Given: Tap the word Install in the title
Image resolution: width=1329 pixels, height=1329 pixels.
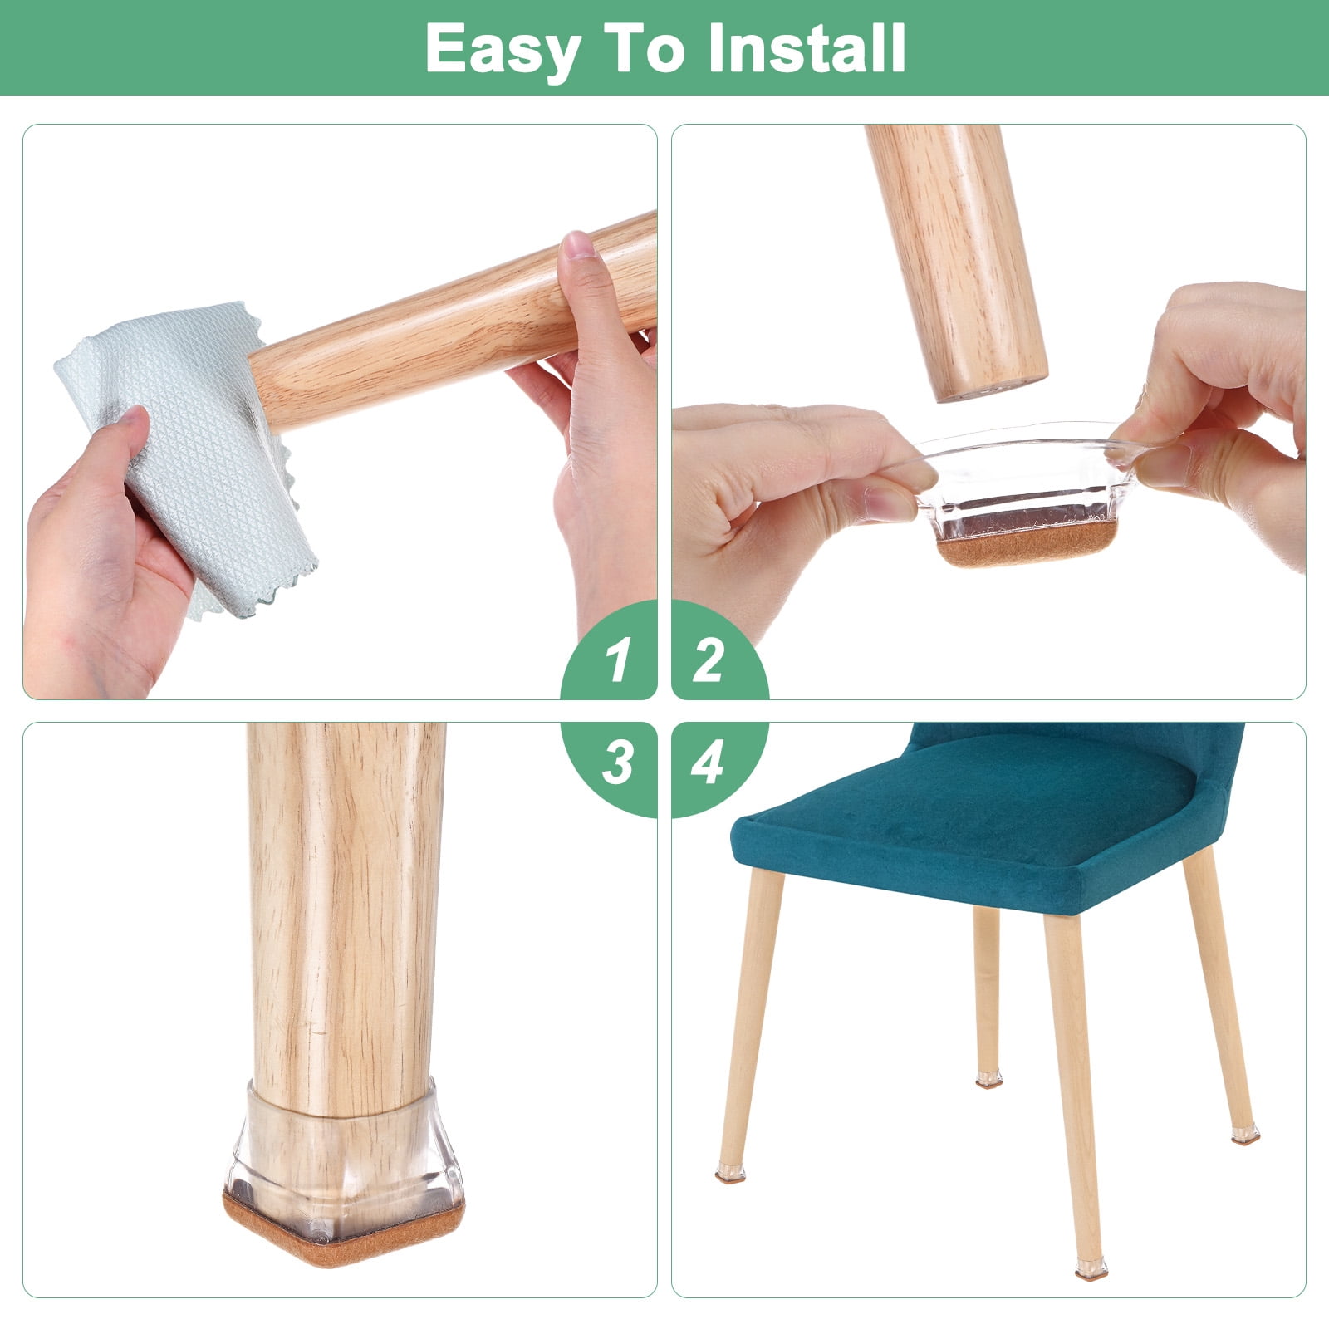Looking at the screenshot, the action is point(807,48).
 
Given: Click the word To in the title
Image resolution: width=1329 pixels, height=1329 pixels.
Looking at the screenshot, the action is point(644,48).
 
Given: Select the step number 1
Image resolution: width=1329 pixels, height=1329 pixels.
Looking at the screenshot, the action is point(617,661).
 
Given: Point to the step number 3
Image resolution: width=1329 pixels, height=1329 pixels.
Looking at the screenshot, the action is point(618,763).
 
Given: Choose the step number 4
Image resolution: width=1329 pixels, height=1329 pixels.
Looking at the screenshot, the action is point(708,763).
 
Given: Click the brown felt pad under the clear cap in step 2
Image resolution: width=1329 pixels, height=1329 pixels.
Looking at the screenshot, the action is point(1027,543).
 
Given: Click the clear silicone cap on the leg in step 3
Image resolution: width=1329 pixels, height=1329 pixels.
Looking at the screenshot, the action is point(342,1159).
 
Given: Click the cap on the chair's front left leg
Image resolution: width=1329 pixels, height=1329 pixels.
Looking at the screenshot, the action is point(730,1172).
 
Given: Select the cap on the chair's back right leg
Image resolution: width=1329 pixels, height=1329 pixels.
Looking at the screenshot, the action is point(1244,1135).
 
